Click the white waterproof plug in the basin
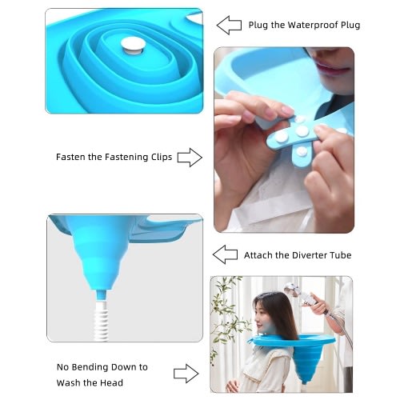(133, 46)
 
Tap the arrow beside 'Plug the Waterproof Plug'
(229, 25)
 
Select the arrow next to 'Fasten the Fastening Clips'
(190, 158)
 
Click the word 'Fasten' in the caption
(71, 157)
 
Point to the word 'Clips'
(162, 157)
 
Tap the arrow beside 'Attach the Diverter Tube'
(225, 254)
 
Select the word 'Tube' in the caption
(341, 255)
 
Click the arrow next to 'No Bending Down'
(186, 374)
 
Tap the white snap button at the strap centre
(302, 131)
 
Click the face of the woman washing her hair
(262, 314)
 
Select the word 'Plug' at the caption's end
(350, 26)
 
